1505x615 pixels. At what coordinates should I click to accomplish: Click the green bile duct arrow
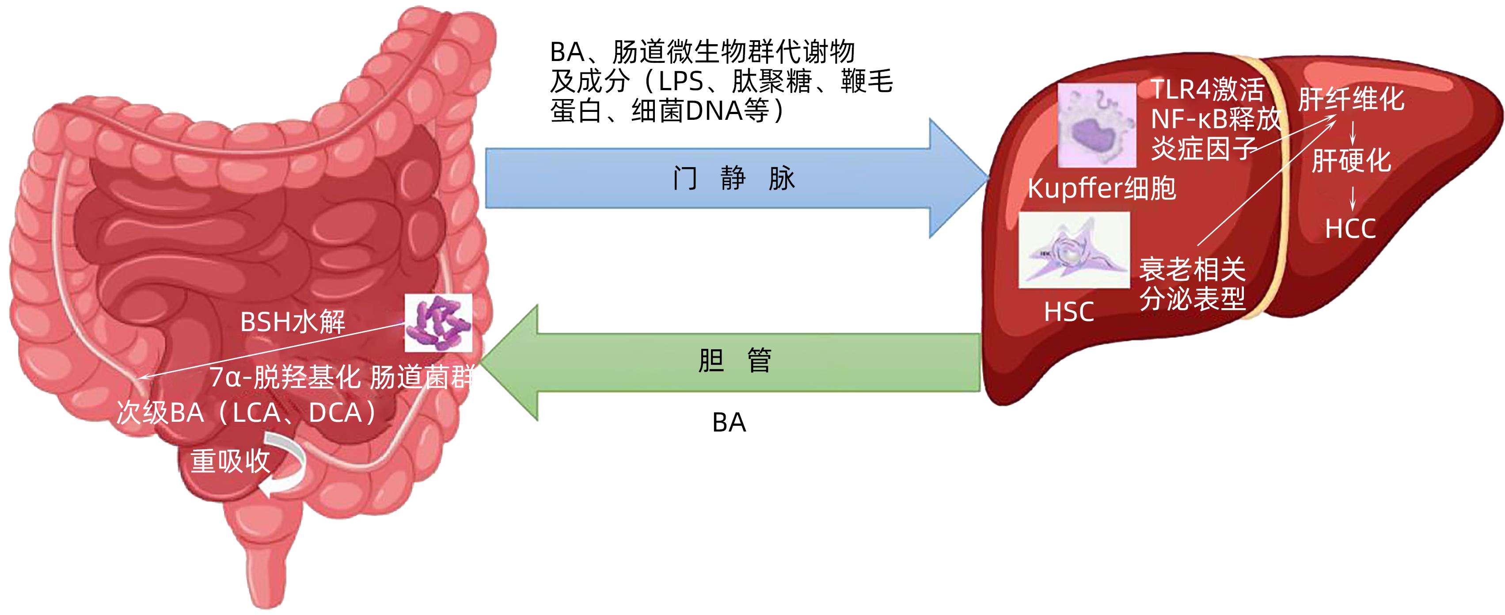pyautogui.click(x=730, y=363)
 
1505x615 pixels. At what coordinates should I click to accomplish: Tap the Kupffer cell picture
pyautogui.click(x=1097, y=125)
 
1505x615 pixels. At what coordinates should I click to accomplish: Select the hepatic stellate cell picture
pyautogui.click(x=1074, y=250)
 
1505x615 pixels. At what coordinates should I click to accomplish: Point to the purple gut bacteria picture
pyautogui.click(x=438, y=323)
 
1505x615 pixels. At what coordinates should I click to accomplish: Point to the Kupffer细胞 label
pyautogui.click(x=1101, y=188)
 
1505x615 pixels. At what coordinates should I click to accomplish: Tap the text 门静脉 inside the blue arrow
pyautogui.click(x=733, y=178)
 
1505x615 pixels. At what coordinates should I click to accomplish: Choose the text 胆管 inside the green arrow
pyautogui.click(x=734, y=360)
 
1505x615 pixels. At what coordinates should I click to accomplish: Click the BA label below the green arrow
pyautogui.click(x=729, y=422)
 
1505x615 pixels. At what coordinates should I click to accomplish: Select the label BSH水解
pyautogui.click(x=293, y=321)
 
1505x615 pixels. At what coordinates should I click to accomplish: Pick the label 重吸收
pyautogui.click(x=230, y=461)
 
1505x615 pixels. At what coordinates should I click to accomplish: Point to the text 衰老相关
pyautogui.click(x=1192, y=270)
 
